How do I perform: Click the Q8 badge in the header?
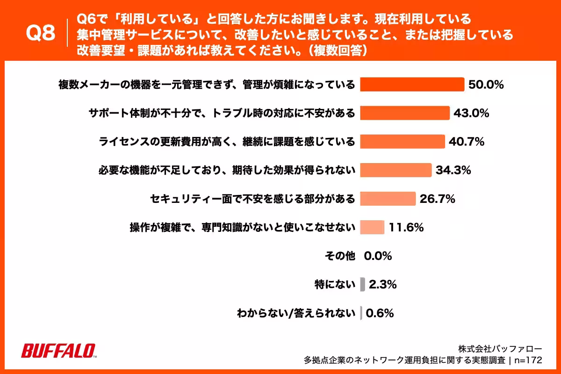pyautogui.click(x=41, y=34)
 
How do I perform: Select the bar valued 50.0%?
pyautogui.click(x=412, y=85)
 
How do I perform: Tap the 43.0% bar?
pyautogui.click(x=404, y=113)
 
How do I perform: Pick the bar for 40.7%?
pyautogui.click(x=402, y=142)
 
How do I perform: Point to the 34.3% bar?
pyautogui.click(x=396, y=170)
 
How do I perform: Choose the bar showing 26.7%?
pyautogui.click(x=388, y=199)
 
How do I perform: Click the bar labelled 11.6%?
pyautogui.click(x=372, y=227)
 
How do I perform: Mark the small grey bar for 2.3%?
pyautogui.click(x=362, y=284)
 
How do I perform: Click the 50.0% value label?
pyautogui.click(x=486, y=85)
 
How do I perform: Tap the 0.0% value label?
pyautogui.click(x=378, y=256)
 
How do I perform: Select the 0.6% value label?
pyautogui.click(x=380, y=313)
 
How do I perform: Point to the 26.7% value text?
pyautogui.click(x=438, y=199)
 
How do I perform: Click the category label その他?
pyautogui.click(x=340, y=256)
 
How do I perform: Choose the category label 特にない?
pyautogui.click(x=335, y=284)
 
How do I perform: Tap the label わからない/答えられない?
pyautogui.click(x=296, y=313)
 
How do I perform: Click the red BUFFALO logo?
pyautogui.click(x=59, y=351)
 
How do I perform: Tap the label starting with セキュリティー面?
pyautogui.click(x=252, y=199)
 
